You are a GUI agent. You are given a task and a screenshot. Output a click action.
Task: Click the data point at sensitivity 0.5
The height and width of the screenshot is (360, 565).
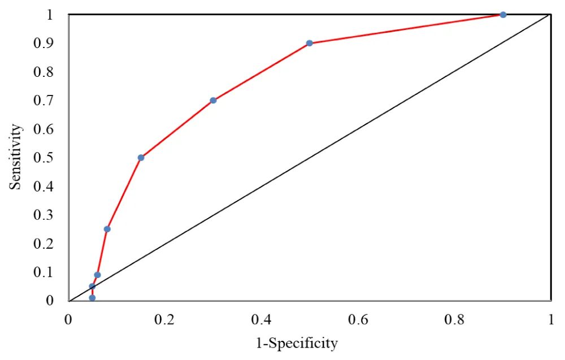141,158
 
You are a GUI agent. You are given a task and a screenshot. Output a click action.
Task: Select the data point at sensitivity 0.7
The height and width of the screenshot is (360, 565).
213,101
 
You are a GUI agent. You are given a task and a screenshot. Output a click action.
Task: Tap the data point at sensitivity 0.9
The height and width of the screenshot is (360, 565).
310,43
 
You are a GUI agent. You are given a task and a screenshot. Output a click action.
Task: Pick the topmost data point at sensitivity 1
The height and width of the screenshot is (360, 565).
503,15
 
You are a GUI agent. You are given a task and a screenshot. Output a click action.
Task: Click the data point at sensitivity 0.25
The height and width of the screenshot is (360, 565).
107,229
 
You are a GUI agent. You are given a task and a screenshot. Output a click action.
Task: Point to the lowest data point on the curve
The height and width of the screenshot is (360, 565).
92,298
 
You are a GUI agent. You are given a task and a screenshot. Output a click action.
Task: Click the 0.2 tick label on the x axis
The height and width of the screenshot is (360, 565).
165,319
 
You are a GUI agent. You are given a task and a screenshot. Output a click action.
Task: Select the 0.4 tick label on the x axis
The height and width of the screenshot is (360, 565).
262,319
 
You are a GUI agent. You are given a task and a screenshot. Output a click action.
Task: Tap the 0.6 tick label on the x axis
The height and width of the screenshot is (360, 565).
358,319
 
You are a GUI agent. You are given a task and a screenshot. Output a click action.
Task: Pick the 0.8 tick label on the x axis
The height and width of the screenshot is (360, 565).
454,319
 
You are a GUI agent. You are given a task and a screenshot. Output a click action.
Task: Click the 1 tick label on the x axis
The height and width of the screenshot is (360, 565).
551,319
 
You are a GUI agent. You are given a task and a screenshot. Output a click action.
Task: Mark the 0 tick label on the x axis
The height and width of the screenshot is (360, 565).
68,319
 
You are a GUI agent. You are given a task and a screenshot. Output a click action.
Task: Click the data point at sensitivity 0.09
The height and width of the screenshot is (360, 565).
97,275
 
